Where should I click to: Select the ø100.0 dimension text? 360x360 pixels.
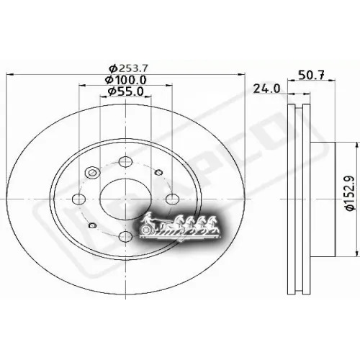point(126,79)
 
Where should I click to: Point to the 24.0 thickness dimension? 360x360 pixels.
point(266,89)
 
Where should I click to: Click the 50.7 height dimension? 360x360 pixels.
point(311,74)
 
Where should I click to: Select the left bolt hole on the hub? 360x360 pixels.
point(79,199)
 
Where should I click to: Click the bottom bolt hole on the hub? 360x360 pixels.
point(125,236)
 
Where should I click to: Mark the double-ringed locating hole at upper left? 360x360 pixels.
point(92,173)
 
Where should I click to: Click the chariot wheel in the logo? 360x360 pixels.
point(149,229)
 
